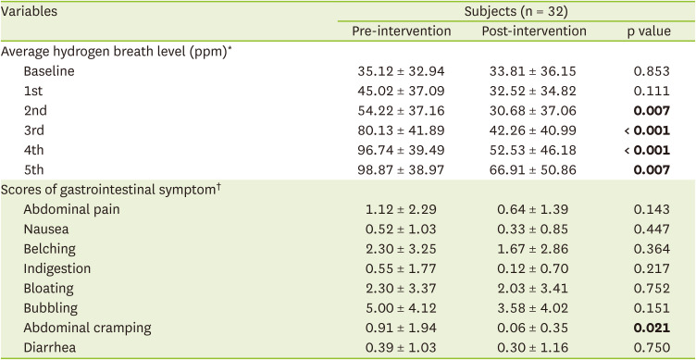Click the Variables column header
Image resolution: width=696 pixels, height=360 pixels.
click(29, 11)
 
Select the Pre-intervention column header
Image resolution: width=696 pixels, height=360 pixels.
click(402, 31)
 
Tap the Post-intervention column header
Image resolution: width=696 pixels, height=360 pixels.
click(534, 31)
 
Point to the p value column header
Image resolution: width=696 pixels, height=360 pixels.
click(648, 32)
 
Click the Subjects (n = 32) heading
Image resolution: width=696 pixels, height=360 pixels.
click(516, 12)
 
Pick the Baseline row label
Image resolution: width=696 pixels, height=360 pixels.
click(49, 71)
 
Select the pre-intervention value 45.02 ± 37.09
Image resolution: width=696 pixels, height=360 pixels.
click(402, 91)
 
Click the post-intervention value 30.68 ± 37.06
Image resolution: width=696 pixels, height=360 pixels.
click(533, 111)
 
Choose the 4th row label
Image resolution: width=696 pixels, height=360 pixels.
click(33, 151)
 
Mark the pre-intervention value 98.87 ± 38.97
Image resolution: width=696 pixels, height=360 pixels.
click(402, 170)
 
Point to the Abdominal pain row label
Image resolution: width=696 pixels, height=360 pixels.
click(71, 209)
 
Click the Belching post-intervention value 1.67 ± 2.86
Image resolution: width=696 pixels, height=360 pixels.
click(533, 249)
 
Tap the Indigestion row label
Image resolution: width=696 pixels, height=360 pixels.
click(56, 269)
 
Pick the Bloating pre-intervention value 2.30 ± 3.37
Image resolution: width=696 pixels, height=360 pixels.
click(402, 289)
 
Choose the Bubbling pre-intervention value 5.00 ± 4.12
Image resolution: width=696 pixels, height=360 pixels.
click(402, 308)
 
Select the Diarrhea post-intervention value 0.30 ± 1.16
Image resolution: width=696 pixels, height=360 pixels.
click(533, 348)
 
